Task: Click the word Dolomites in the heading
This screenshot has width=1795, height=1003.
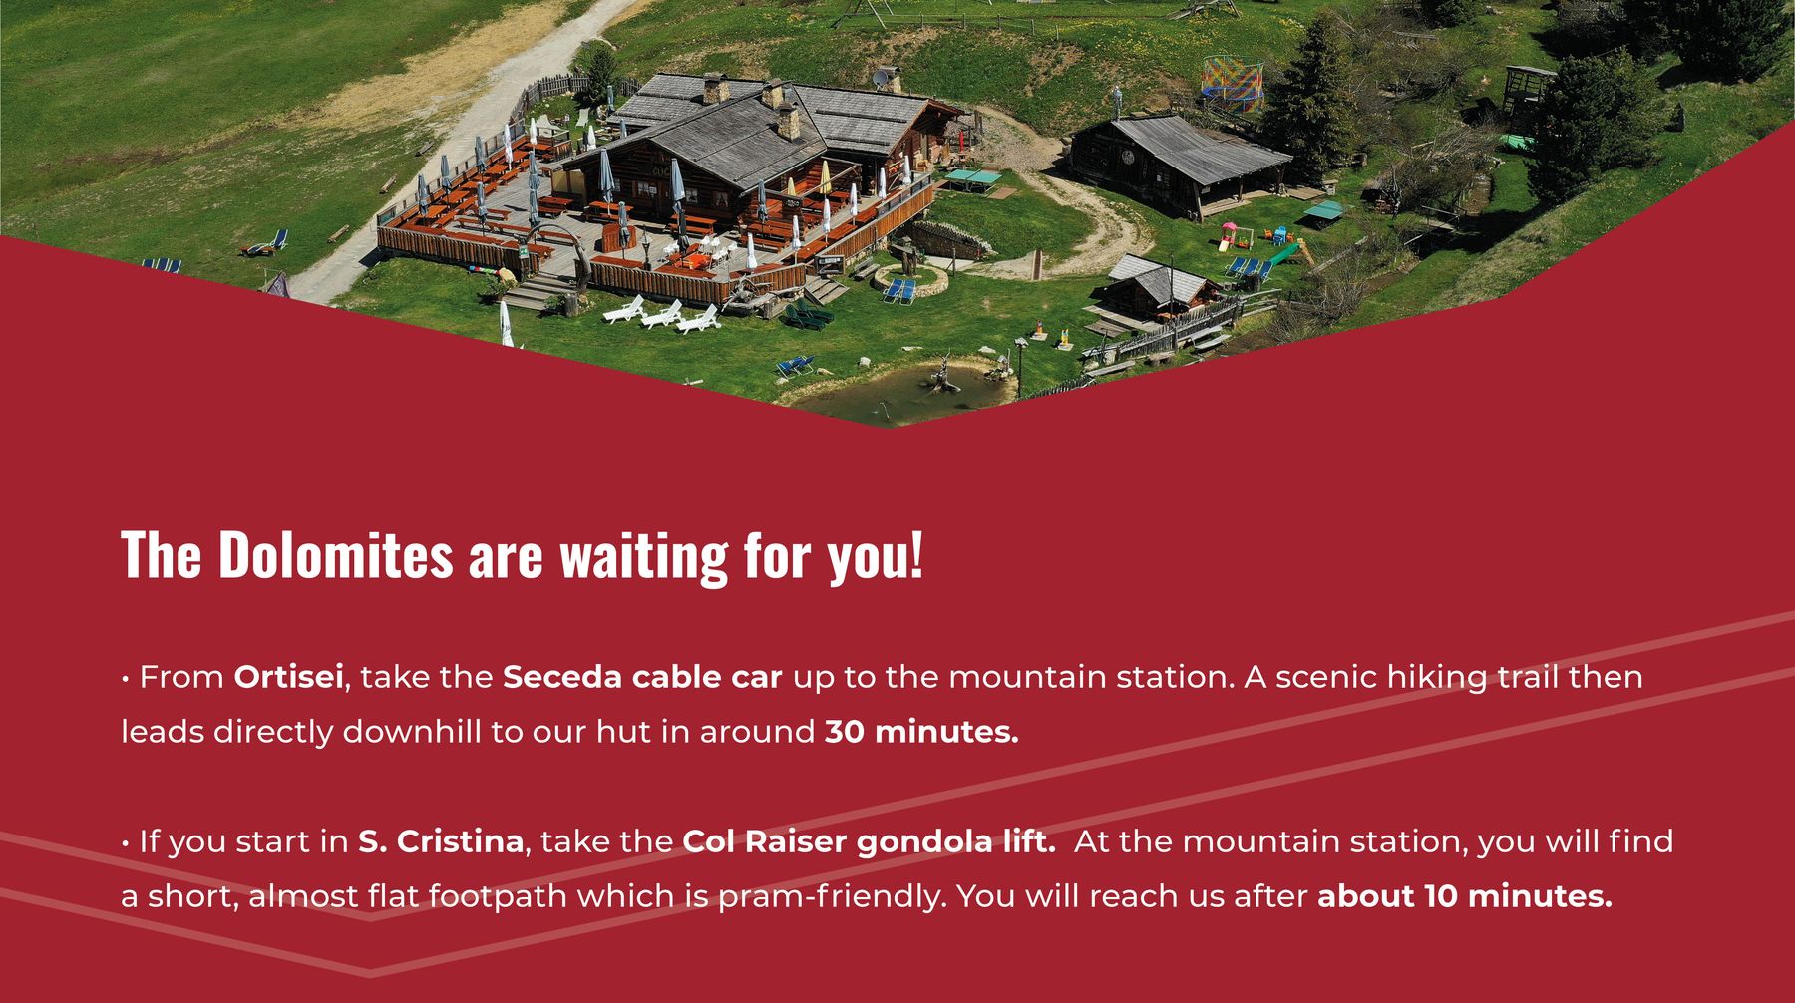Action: (x=335, y=555)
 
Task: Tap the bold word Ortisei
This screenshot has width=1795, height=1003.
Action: (x=289, y=677)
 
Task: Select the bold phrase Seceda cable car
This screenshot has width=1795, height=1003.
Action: (x=642, y=677)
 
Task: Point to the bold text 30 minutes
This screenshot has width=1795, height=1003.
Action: (x=921, y=732)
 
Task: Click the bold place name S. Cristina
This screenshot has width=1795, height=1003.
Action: (x=441, y=841)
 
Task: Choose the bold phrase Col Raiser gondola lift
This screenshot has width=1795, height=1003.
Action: (x=869, y=842)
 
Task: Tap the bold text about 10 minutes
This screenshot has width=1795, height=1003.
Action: (x=1464, y=896)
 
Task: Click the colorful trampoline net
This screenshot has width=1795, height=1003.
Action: (x=1232, y=81)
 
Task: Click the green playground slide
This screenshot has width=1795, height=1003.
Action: (x=1285, y=253)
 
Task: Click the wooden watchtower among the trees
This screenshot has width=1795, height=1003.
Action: (x=1525, y=90)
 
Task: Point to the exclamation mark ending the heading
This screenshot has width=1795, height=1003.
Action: (x=916, y=555)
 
